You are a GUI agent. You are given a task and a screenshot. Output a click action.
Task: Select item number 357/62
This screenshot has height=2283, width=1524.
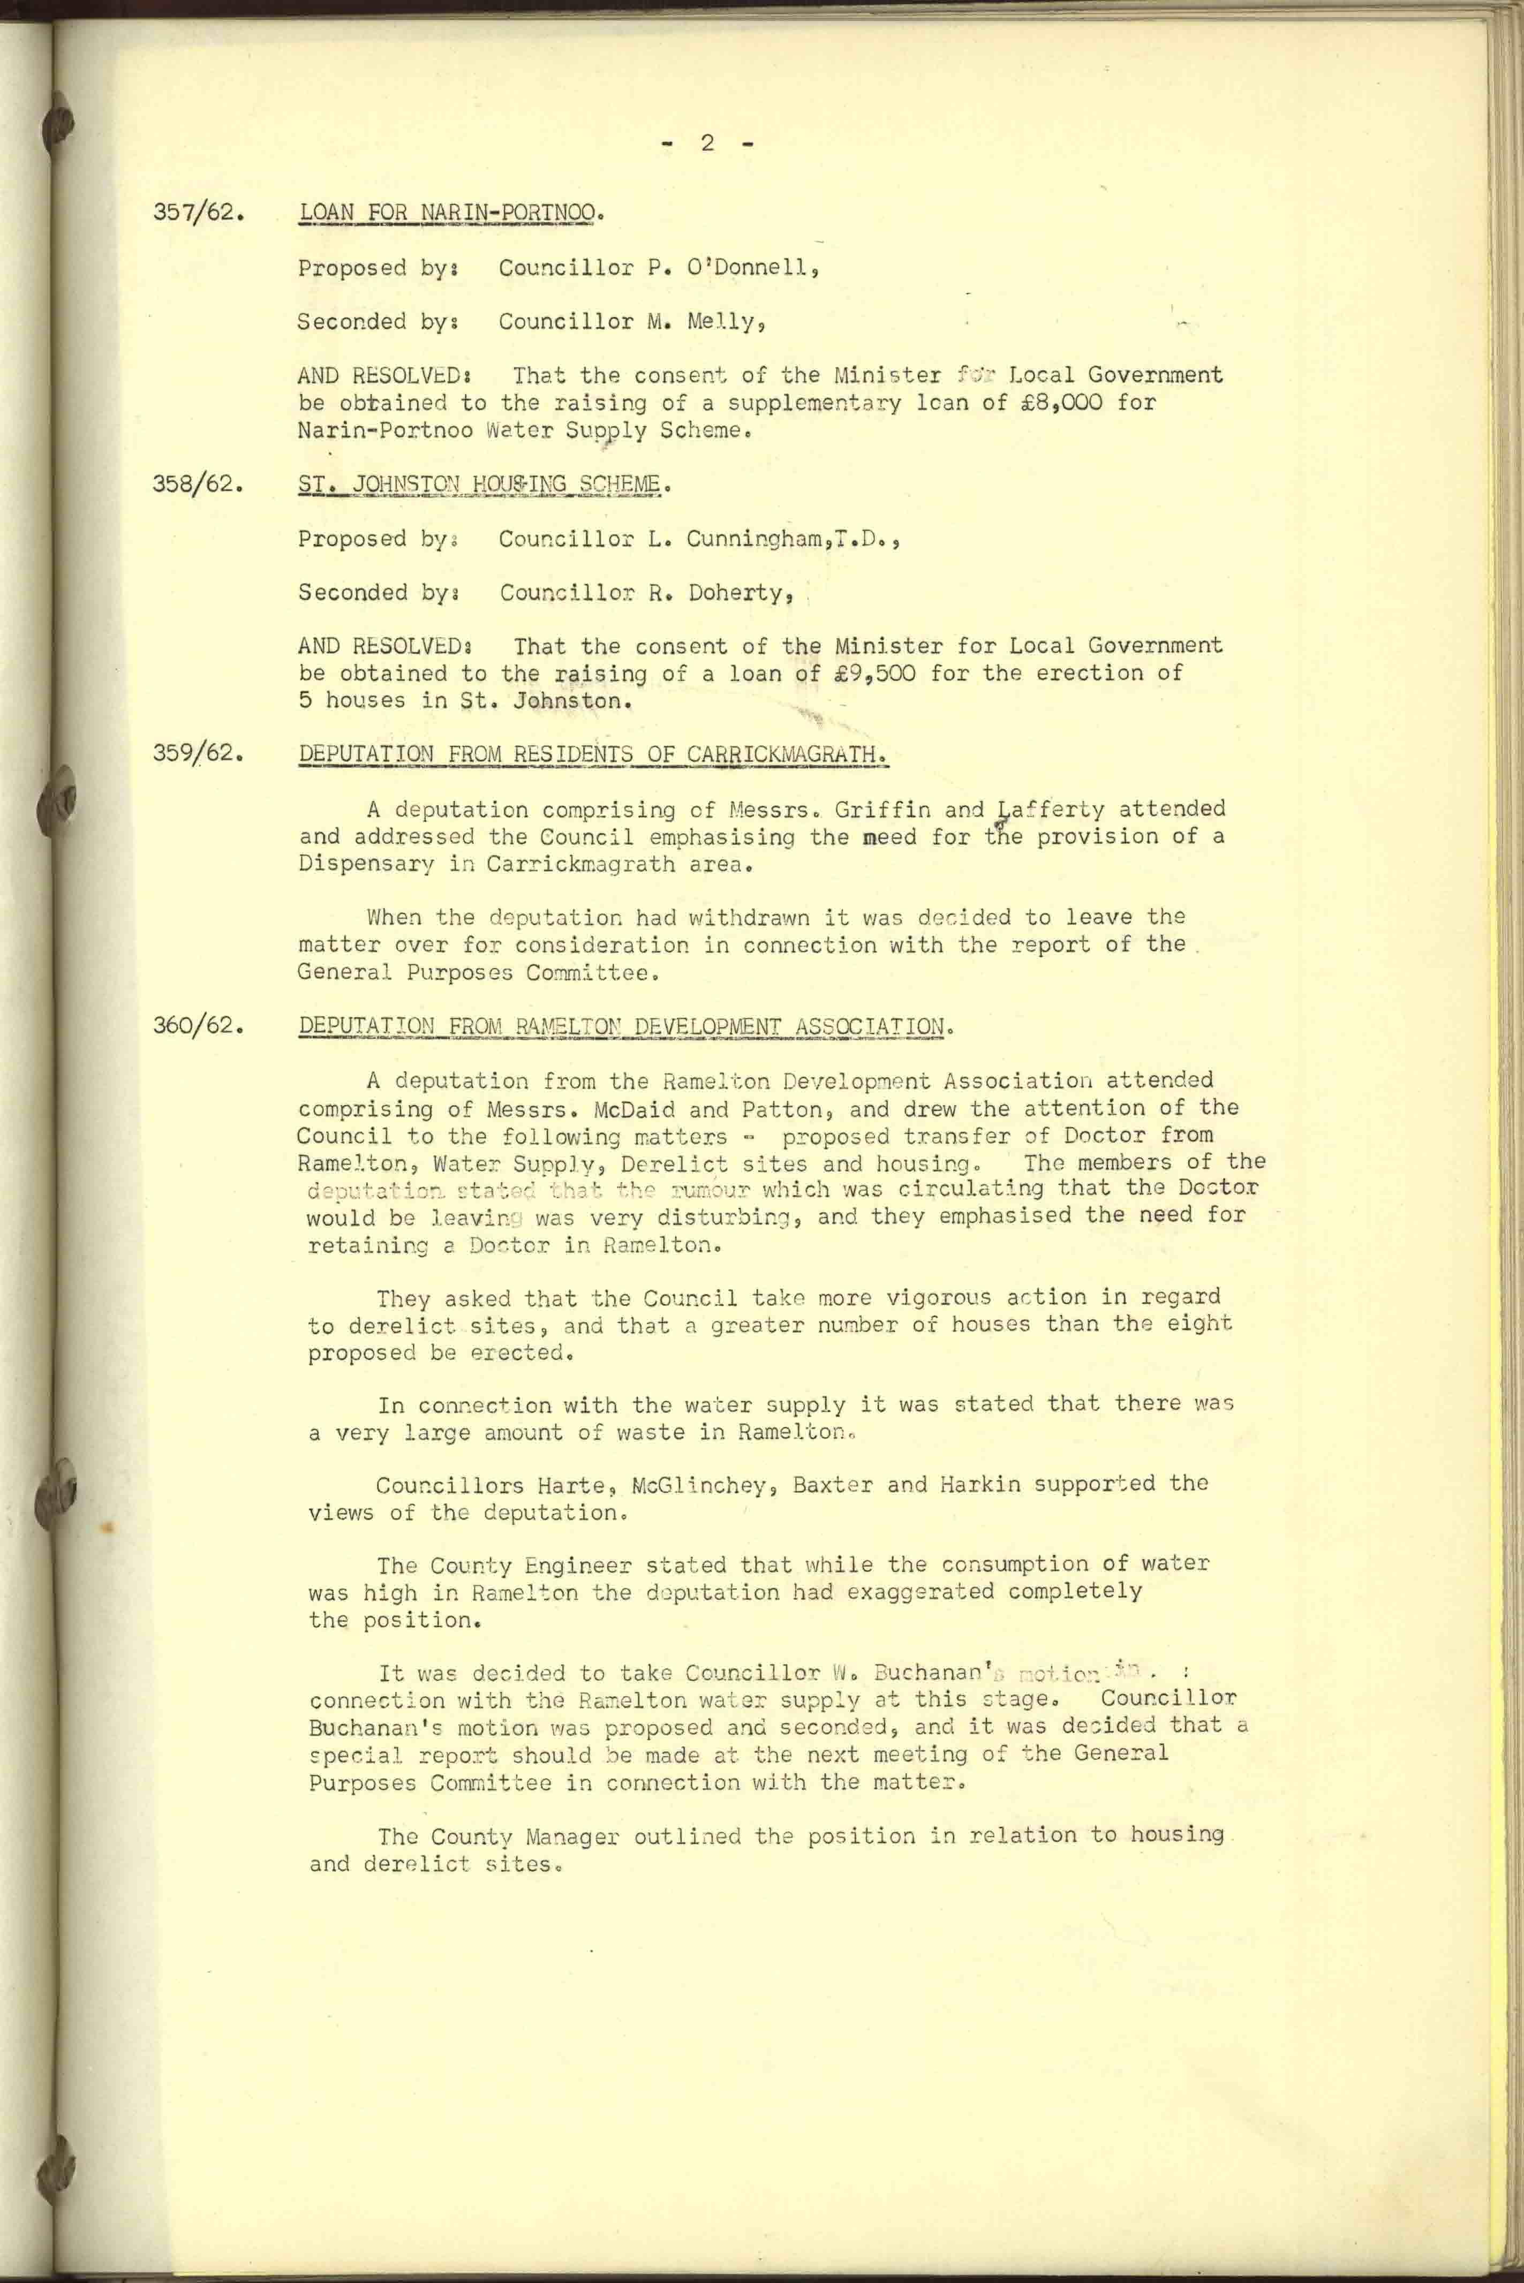(197, 212)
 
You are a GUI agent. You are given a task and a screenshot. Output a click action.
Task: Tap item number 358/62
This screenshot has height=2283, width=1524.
(197, 483)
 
